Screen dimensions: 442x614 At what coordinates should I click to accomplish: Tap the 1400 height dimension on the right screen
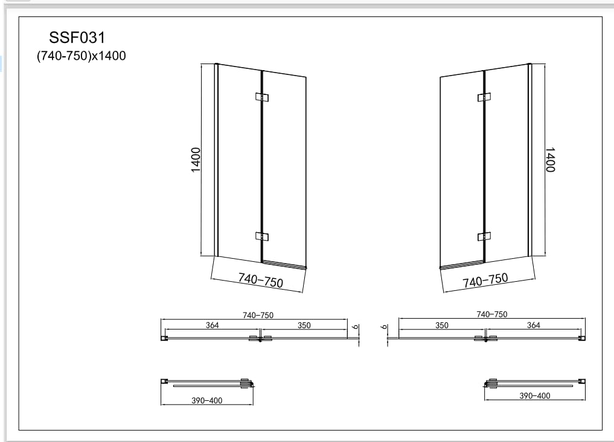click(x=549, y=160)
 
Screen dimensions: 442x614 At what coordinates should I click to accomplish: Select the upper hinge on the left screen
click(x=261, y=97)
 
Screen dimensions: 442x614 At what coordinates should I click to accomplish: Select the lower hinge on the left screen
click(x=261, y=236)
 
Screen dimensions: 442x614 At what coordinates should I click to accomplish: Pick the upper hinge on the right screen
click(x=484, y=97)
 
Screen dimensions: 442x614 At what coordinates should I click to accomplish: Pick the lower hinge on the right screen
click(x=484, y=236)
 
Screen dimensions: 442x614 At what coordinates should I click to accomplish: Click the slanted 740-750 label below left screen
click(x=261, y=280)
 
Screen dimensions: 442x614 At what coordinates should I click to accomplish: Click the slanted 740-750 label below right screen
click(x=485, y=280)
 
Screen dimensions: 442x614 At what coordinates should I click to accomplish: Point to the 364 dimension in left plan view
click(x=211, y=325)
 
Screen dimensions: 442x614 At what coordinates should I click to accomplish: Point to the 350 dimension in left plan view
click(x=304, y=325)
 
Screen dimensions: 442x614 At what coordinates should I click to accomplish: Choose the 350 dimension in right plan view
click(x=441, y=325)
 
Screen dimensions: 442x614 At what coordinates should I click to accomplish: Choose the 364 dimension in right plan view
click(x=534, y=325)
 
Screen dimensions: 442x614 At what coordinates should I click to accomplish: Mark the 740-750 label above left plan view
click(x=258, y=315)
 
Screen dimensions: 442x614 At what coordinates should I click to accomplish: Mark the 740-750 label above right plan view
click(x=491, y=314)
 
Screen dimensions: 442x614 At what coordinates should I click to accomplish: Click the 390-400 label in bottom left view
click(x=206, y=401)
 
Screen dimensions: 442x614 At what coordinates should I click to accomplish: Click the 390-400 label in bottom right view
click(x=535, y=396)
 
